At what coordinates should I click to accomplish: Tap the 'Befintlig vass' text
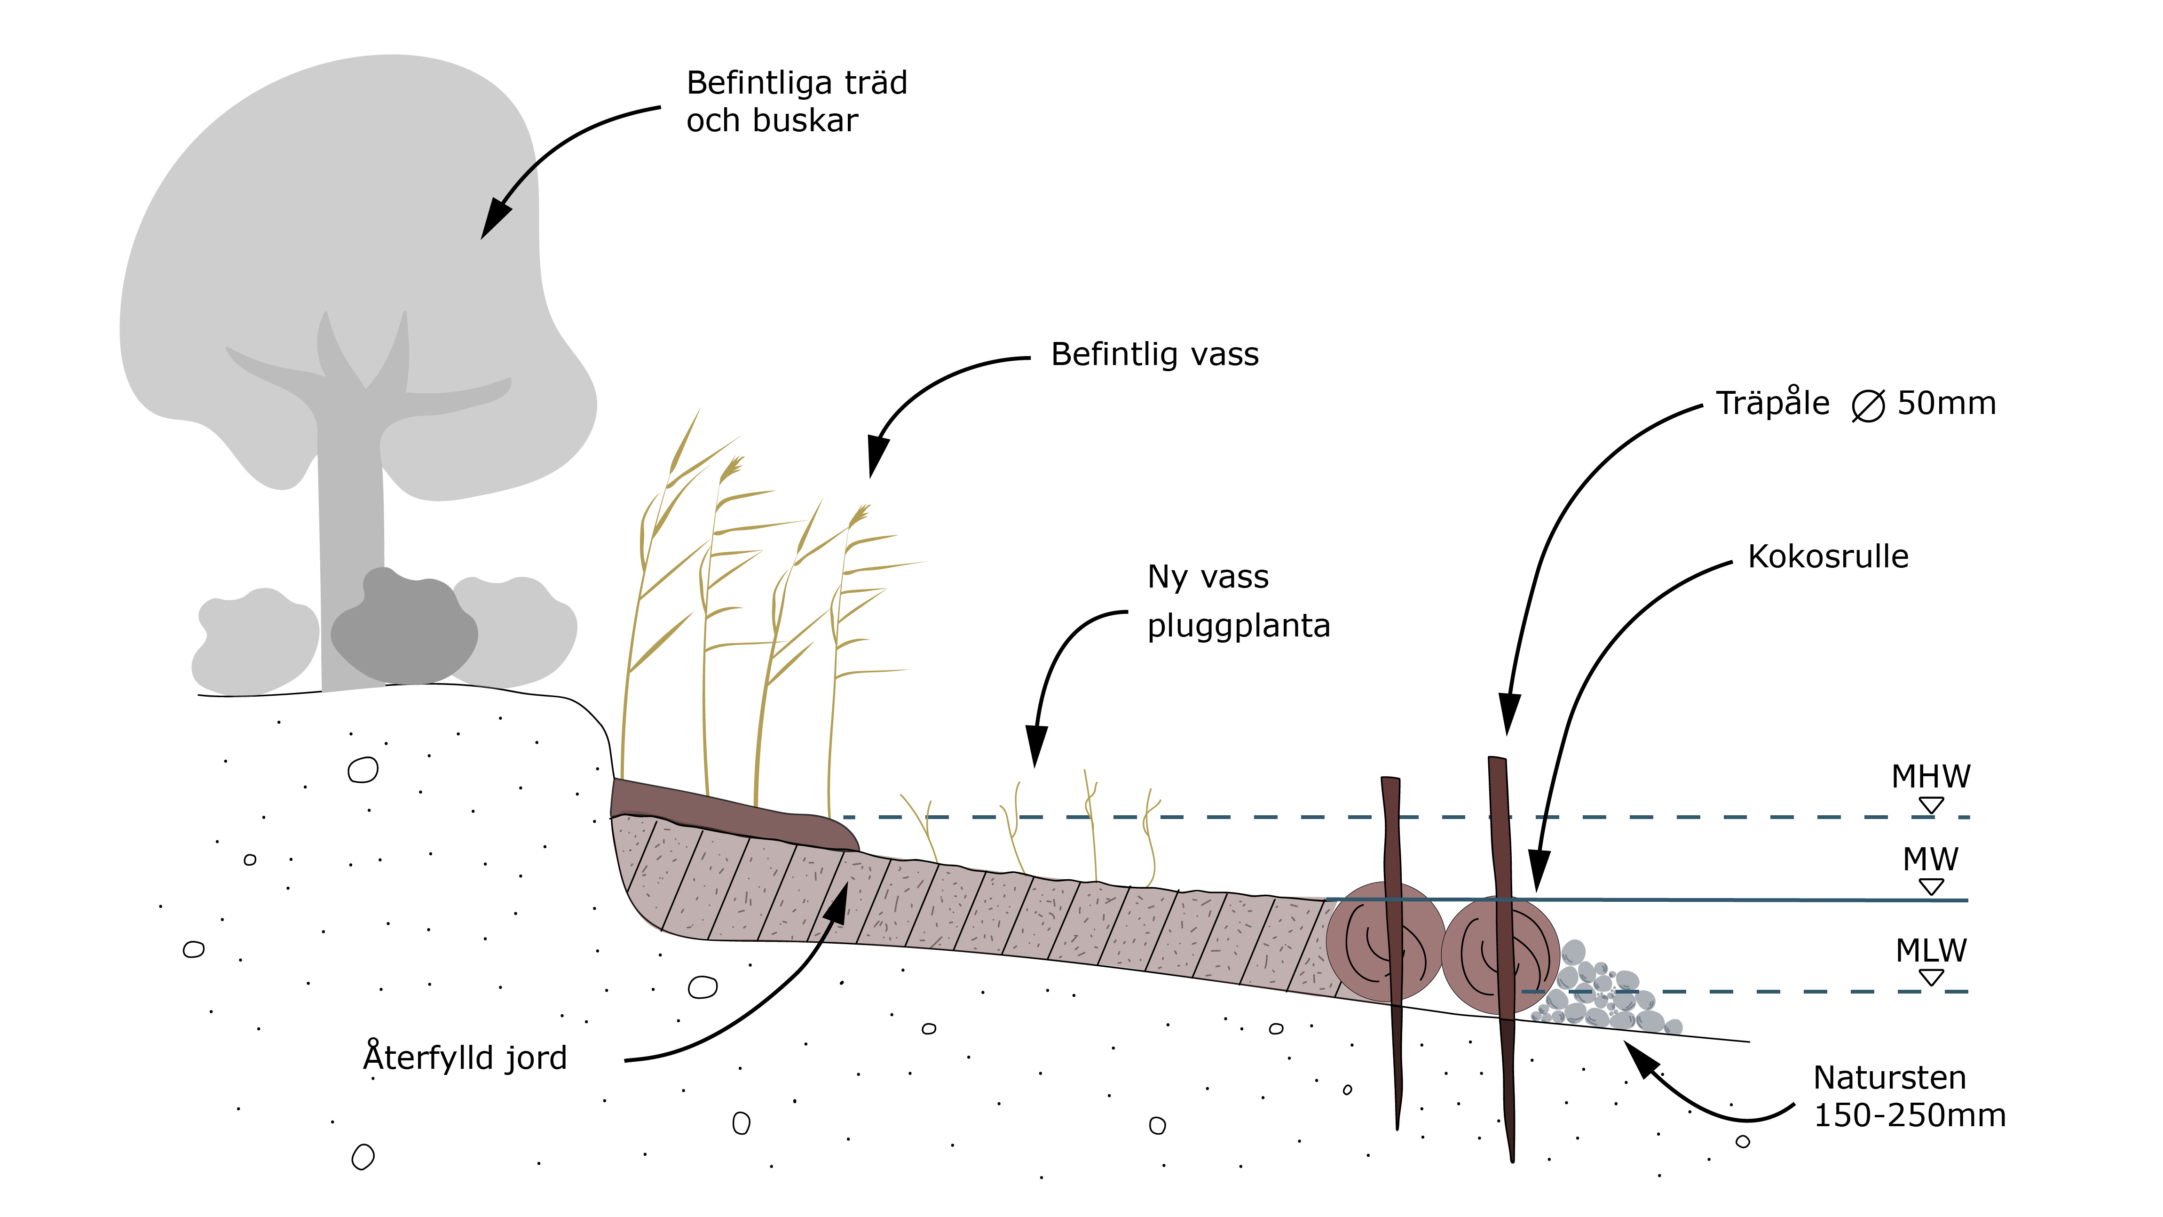click(x=1154, y=354)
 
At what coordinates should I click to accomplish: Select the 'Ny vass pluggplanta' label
click(x=1238, y=601)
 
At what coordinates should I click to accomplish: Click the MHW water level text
click(x=1930, y=777)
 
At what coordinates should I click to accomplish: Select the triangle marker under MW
click(x=1931, y=887)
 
